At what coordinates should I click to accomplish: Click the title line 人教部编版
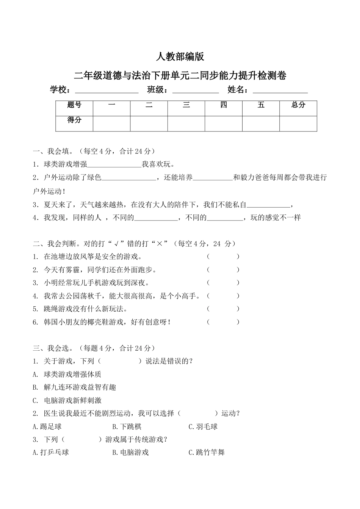coord(180,57)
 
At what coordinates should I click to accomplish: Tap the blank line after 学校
coord(107,91)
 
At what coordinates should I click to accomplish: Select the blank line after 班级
coord(196,91)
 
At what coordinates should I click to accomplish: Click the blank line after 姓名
coord(280,91)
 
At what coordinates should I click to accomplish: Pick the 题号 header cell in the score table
coord(74,105)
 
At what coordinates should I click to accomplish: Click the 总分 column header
coord(298,105)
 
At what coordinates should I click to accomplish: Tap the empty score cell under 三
coord(186,123)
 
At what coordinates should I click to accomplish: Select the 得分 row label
coord(74,120)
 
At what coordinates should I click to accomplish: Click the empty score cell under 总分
coord(298,123)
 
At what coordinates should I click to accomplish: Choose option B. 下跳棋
coord(127,427)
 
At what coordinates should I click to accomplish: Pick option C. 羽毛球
coord(203,427)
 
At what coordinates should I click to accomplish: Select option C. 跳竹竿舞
coord(207,453)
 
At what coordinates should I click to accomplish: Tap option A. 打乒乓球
coord(51,453)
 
